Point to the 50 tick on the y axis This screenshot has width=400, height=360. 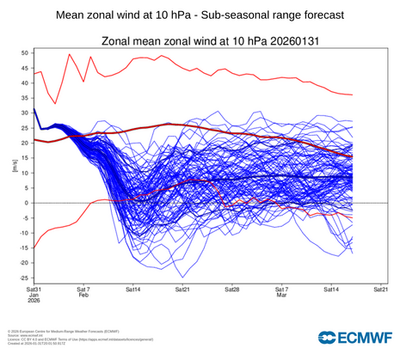click(24, 53)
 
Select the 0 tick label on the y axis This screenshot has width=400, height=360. click(26, 203)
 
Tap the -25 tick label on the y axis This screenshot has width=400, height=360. click(22, 278)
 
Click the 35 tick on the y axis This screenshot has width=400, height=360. click(24, 98)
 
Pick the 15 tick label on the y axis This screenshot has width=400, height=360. click(24, 158)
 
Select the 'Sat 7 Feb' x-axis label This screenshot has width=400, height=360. click(83, 295)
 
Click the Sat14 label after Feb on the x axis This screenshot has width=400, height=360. click(132, 290)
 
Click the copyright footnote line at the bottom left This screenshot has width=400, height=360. click(60, 329)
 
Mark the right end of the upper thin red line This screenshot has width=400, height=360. click(353, 95)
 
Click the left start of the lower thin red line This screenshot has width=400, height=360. click(34, 248)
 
